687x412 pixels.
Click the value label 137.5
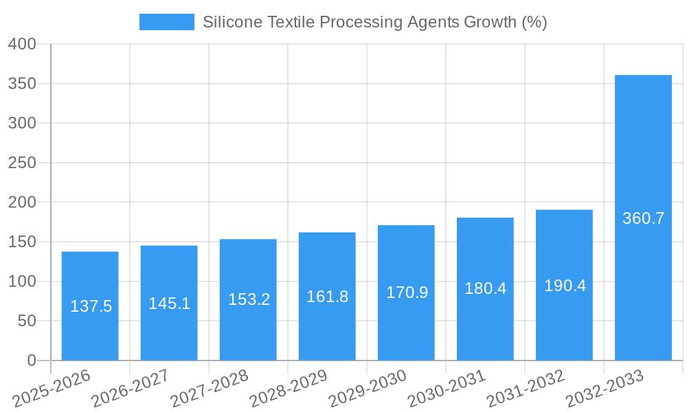91,306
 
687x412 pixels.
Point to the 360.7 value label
643,218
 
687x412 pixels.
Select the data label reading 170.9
407,293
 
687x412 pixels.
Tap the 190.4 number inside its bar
565,286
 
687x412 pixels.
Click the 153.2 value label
249,299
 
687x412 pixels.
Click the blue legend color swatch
166,22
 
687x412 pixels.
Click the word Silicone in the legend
232,22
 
